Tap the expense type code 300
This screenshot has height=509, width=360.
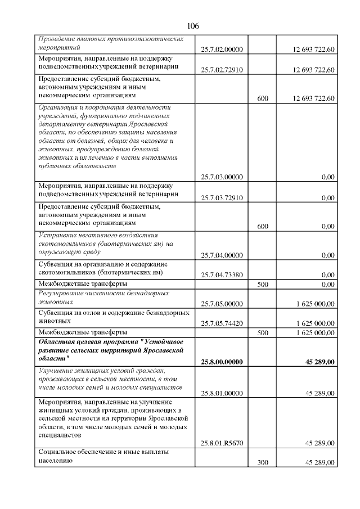[x=262, y=463]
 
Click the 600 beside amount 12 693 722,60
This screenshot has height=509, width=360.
[x=262, y=98]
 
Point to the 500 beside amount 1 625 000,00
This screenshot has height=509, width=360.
[x=262, y=333]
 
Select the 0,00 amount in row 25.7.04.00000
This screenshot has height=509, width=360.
[x=327, y=255]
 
